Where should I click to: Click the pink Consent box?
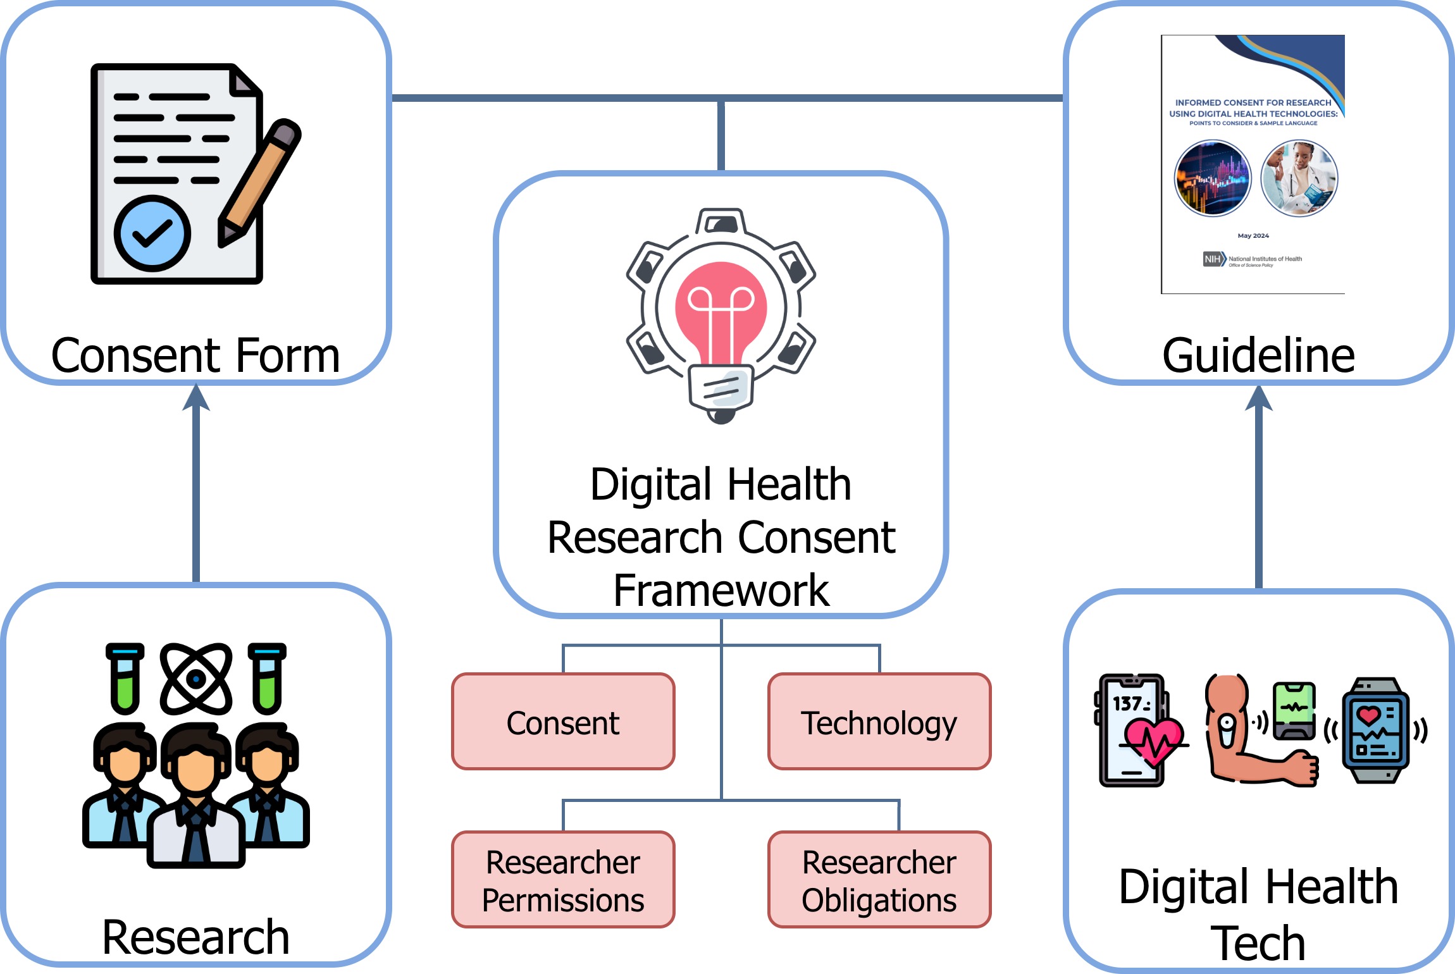coord(563,722)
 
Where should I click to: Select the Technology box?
coord(879,722)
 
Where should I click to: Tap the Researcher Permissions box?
coord(563,880)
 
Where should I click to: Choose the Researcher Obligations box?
coord(879,880)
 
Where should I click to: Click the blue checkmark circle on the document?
coord(152,233)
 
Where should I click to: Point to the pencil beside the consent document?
coord(259,183)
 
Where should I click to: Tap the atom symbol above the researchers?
coord(196,679)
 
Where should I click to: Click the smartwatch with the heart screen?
coord(1375,730)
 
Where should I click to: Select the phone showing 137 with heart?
coord(1132,730)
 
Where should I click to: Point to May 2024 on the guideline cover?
coord(1253,236)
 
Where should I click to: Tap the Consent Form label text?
coord(196,355)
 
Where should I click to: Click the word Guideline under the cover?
coord(1258,355)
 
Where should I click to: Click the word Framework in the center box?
coord(721,591)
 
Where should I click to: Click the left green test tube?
coord(125,680)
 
